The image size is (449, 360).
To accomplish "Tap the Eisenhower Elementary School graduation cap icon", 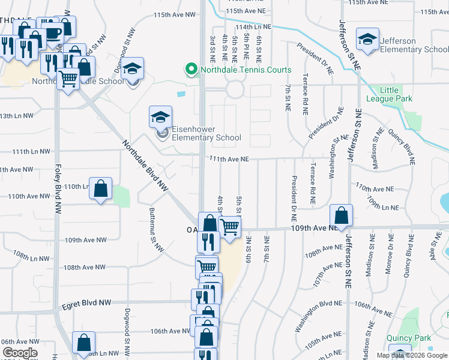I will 161,117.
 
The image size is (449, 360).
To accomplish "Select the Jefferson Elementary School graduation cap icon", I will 367,40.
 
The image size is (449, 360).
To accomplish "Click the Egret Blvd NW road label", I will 87,305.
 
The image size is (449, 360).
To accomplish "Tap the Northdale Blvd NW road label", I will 144,166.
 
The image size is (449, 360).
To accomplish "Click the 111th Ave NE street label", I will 229,159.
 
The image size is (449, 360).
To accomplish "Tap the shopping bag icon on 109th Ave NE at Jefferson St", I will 341,215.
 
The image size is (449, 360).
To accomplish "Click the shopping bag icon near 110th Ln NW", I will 100,188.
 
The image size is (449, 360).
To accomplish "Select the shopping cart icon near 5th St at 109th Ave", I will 229,227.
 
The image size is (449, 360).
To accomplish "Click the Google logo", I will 20,353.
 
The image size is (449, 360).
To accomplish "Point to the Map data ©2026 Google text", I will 412,355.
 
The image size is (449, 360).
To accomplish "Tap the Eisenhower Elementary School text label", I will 206,133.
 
